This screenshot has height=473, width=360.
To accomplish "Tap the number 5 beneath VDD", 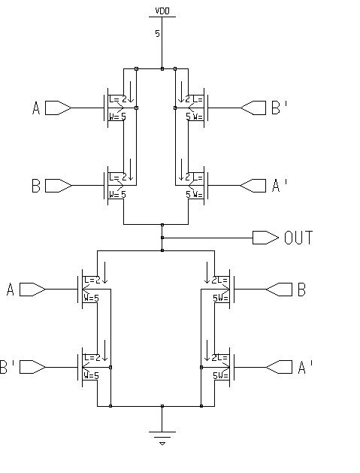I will (158, 33).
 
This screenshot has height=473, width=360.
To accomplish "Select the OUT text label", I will (298, 238).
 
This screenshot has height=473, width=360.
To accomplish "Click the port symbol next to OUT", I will (265, 238).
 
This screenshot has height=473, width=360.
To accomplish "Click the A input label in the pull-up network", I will (35, 109).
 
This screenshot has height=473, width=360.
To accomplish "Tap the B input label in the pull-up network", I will (35, 184).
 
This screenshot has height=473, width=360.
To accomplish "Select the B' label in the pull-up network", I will (278, 109).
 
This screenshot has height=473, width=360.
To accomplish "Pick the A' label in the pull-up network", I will (278, 184).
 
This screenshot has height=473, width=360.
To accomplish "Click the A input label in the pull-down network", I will (10, 290).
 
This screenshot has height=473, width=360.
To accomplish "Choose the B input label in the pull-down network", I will (301, 290).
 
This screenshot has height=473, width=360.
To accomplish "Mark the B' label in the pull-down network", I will (8, 367).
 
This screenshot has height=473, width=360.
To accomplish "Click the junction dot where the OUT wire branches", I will (162, 238).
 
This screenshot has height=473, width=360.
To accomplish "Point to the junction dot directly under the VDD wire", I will (162, 68).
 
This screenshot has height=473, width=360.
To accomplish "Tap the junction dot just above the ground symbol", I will (162, 406).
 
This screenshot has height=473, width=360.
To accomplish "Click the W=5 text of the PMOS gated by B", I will (117, 193).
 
